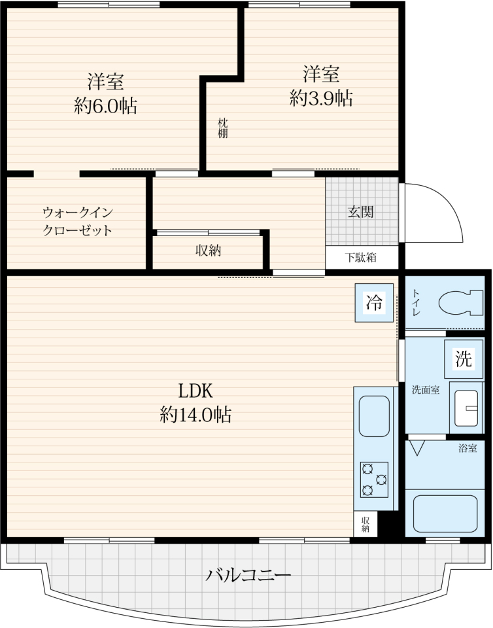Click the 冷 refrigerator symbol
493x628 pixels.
click(x=374, y=302)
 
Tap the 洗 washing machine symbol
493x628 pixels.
click(x=464, y=358)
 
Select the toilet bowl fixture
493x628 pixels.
click(x=461, y=303)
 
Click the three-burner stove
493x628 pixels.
click(x=374, y=480)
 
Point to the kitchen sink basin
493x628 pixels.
click(x=374, y=416)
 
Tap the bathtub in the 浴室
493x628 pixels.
click(x=445, y=513)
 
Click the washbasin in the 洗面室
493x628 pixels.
click(x=466, y=408)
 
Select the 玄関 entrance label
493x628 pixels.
click(x=360, y=212)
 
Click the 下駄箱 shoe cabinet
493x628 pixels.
click(x=362, y=258)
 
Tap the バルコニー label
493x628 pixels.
click(x=248, y=576)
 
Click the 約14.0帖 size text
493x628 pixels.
click(x=195, y=415)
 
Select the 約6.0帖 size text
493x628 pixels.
click(x=106, y=106)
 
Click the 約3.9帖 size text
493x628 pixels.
click(x=321, y=98)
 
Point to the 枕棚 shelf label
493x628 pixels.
click(x=222, y=128)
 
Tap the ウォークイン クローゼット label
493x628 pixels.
click(x=78, y=221)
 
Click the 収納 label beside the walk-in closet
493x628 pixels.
click(x=209, y=251)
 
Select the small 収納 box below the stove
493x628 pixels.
click(x=365, y=524)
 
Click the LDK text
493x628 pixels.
click(x=195, y=391)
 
